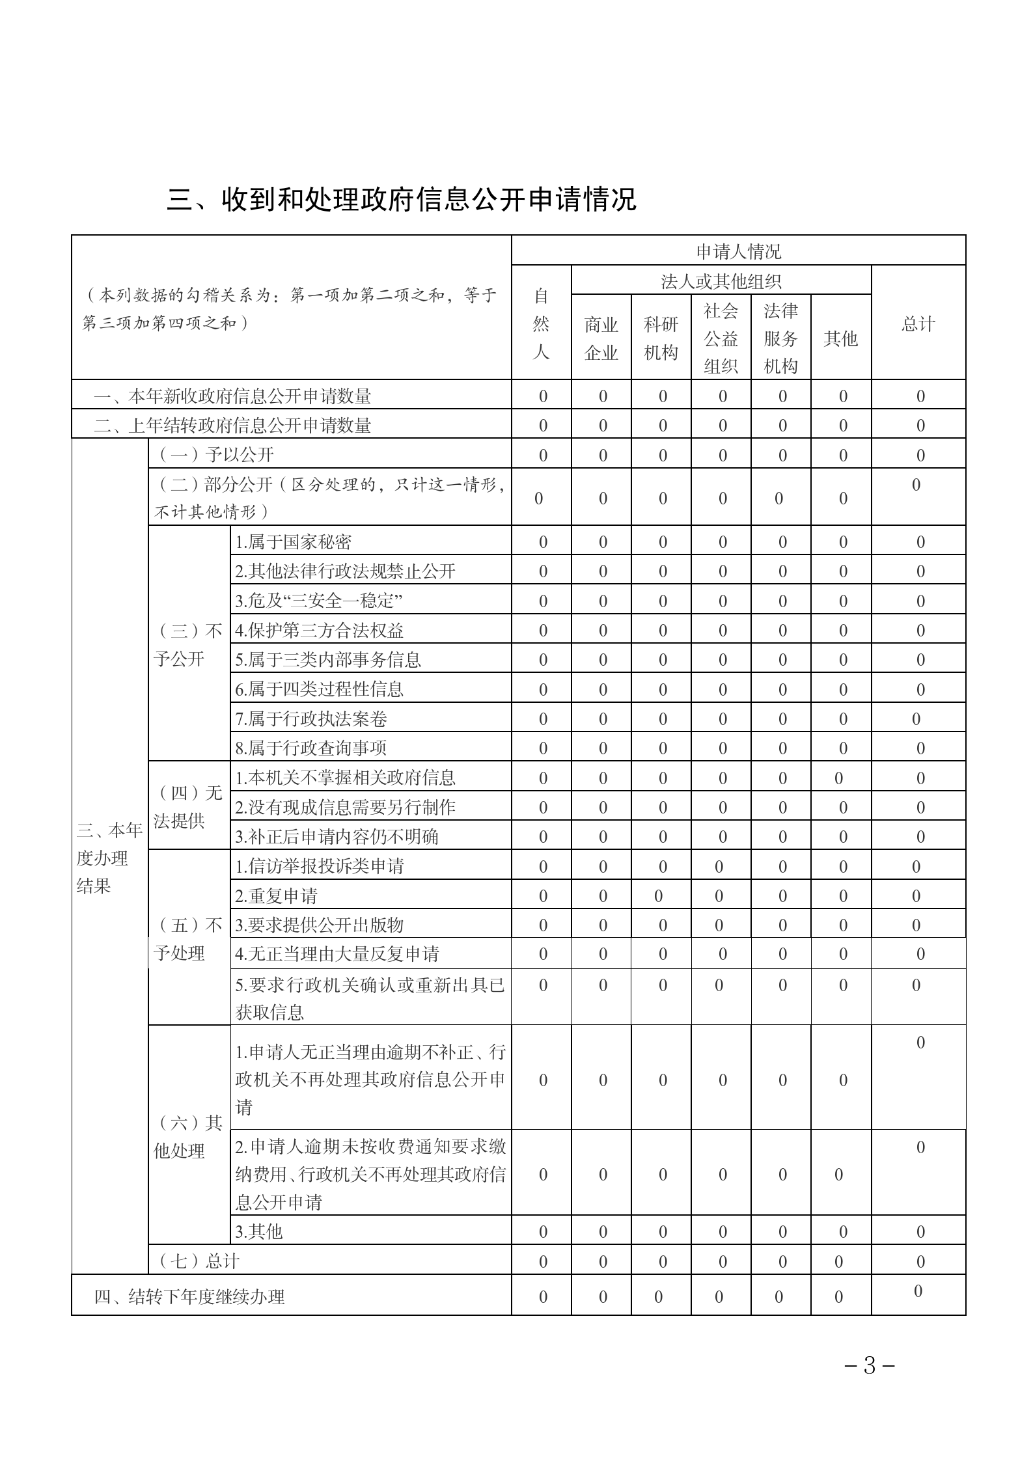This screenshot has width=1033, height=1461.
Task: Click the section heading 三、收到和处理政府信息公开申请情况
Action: click(402, 200)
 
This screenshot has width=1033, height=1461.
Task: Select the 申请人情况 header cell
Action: click(738, 251)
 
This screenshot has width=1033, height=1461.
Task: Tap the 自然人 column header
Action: click(541, 323)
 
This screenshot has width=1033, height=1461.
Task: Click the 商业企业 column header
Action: click(601, 338)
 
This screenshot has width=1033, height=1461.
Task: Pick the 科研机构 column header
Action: click(661, 338)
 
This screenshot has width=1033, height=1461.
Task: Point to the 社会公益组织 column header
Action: click(721, 338)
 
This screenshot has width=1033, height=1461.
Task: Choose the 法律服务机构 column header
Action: click(780, 338)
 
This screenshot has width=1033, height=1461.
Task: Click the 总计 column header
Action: click(918, 323)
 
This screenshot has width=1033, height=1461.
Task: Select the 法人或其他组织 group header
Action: click(721, 280)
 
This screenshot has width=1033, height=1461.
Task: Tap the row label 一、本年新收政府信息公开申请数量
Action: click(232, 396)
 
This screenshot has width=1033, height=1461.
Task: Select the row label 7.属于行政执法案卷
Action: click(311, 718)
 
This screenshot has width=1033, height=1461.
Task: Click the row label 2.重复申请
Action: click(276, 896)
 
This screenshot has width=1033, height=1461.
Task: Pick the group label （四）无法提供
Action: click(189, 806)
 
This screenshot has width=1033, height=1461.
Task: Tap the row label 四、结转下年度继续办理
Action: click(189, 1296)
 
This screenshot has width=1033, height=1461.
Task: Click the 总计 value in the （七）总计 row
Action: click(920, 1262)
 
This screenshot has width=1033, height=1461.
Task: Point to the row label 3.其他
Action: click(258, 1231)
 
